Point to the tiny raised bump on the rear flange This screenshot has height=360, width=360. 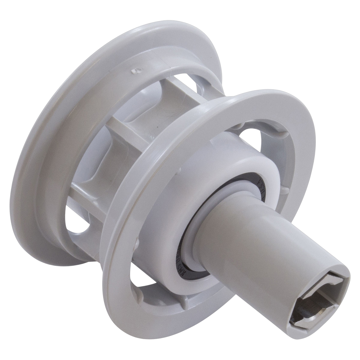pyautogui.click(x=136, y=71)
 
